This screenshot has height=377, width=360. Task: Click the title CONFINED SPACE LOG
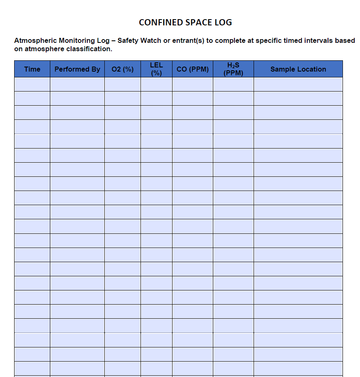(185, 22)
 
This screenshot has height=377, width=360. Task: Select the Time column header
(32, 69)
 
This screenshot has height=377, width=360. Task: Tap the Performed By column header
(77, 69)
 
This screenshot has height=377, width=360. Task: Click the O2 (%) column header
(123, 69)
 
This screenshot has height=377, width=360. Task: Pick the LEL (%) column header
(156, 69)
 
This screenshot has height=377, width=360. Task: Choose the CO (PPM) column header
(192, 69)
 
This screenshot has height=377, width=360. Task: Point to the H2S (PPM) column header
(233, 69)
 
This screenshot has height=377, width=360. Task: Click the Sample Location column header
(298, 69)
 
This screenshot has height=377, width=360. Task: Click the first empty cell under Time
(32, 84)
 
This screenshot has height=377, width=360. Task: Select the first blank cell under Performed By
(77, 84)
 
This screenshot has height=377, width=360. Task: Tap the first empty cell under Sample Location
(298, 84)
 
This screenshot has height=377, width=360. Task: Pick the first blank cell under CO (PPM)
(192, 84)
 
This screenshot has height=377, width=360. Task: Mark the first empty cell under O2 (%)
(123, 84)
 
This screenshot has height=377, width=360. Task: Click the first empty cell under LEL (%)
(156, 84)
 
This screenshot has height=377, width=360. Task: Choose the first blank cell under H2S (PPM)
(233, 84)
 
